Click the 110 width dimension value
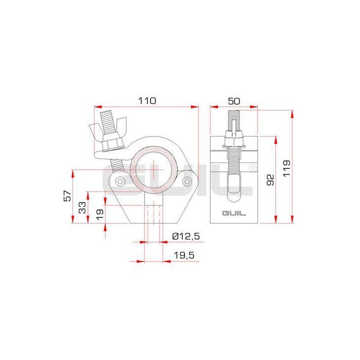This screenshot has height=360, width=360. [147, 100]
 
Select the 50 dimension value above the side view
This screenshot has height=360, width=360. [233, 100]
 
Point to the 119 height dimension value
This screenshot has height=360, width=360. [285, 165]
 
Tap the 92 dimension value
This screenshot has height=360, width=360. [270, 179]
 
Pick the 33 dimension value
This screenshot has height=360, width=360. [82, 207]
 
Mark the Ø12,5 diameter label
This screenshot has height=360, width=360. [185, 236]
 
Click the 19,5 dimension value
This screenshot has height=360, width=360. [184, 255]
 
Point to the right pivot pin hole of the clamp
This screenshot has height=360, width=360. [187, 180]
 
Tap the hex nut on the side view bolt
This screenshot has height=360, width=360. [234, 135]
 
